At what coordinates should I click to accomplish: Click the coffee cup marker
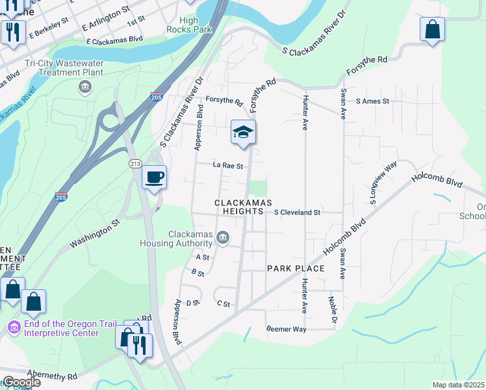click(154, 177)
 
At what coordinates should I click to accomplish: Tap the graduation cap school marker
click(243, 132)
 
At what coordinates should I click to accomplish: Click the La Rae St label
click(227, 166)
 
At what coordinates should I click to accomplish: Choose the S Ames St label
click(372, 101)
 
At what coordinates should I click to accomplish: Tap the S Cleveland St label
click(298, 213)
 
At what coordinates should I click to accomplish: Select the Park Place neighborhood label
click(296, 268)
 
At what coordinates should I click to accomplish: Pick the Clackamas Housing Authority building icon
click(223, 238)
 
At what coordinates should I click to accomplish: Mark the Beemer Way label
click(286, 330)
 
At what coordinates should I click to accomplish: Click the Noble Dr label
click(333, 310)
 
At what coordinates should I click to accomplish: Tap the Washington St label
click(96, 233)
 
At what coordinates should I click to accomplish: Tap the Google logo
click(21, 382)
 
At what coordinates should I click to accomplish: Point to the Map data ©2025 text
click(457, 385)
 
